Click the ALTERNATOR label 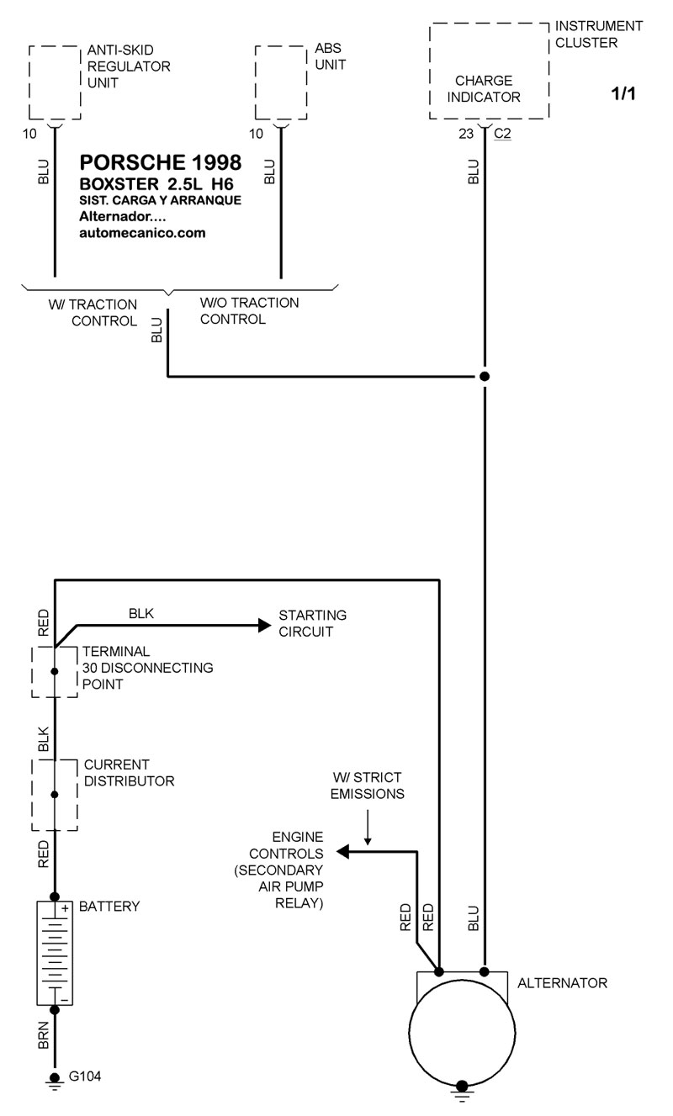pos(562,982)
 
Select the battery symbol pos(55,952)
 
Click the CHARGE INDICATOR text pos(484,88)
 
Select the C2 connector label pos(502,132)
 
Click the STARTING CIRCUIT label pos(312,623)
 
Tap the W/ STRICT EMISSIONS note pos(367,785)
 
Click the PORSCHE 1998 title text pos(160,161)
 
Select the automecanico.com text pos(141,233)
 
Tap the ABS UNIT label pos(330,56)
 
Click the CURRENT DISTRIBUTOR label pos(129,773)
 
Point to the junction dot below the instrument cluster pos(485,376)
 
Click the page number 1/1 pos(623,93)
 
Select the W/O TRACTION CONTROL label pos(249,310)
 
